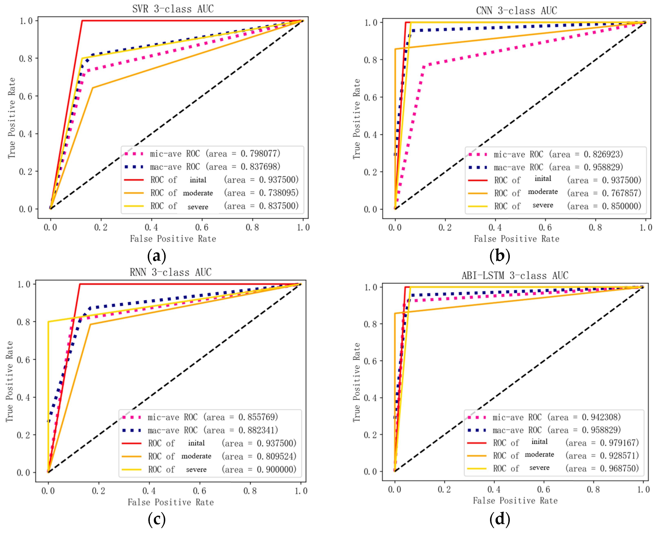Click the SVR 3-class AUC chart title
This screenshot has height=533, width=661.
(x=173, y=9)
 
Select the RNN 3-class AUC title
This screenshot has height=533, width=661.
(x=171, y=272)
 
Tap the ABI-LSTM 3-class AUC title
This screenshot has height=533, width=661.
(x=515, y=275)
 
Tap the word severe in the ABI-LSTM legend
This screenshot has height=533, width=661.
(x=539, y=468)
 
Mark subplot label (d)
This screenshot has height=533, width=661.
(x=500, y=519)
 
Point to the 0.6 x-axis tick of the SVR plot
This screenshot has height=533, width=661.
(x=202, y=228)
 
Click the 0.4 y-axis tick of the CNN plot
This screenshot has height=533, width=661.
(x=370, y=135)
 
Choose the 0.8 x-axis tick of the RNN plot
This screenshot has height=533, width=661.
(x=250, y=491)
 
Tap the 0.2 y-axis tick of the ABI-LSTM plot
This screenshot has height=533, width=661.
(x=370, y=435)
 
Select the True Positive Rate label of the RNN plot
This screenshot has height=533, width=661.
(x=9, y=381)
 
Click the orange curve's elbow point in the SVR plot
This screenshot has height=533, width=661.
(x=93, y=88)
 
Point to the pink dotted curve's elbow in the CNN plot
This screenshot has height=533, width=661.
(x=424, y=66)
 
